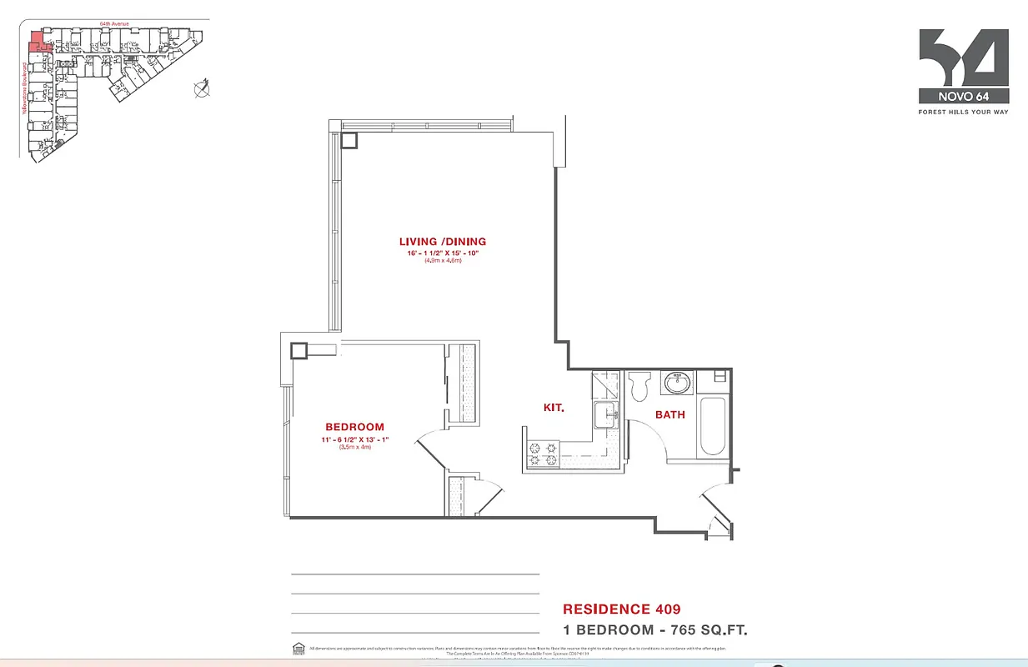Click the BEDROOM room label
(x=355, y=427)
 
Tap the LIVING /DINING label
(x=442, y=242)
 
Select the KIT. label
(x=554, y=408)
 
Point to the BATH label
(x=669, y=414)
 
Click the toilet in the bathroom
(x=641, y=387)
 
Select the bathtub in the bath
(x=712, y=426)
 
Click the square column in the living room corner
(x=349, y=140)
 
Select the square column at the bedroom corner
(x=298, y=350)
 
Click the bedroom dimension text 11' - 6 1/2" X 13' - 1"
(x=355, y=439)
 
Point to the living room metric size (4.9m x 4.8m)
(x=442, y=261)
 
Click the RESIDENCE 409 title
(x=615, y=609)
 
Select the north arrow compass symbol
(x=201, y=88)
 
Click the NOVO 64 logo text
(x=963, y=95)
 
